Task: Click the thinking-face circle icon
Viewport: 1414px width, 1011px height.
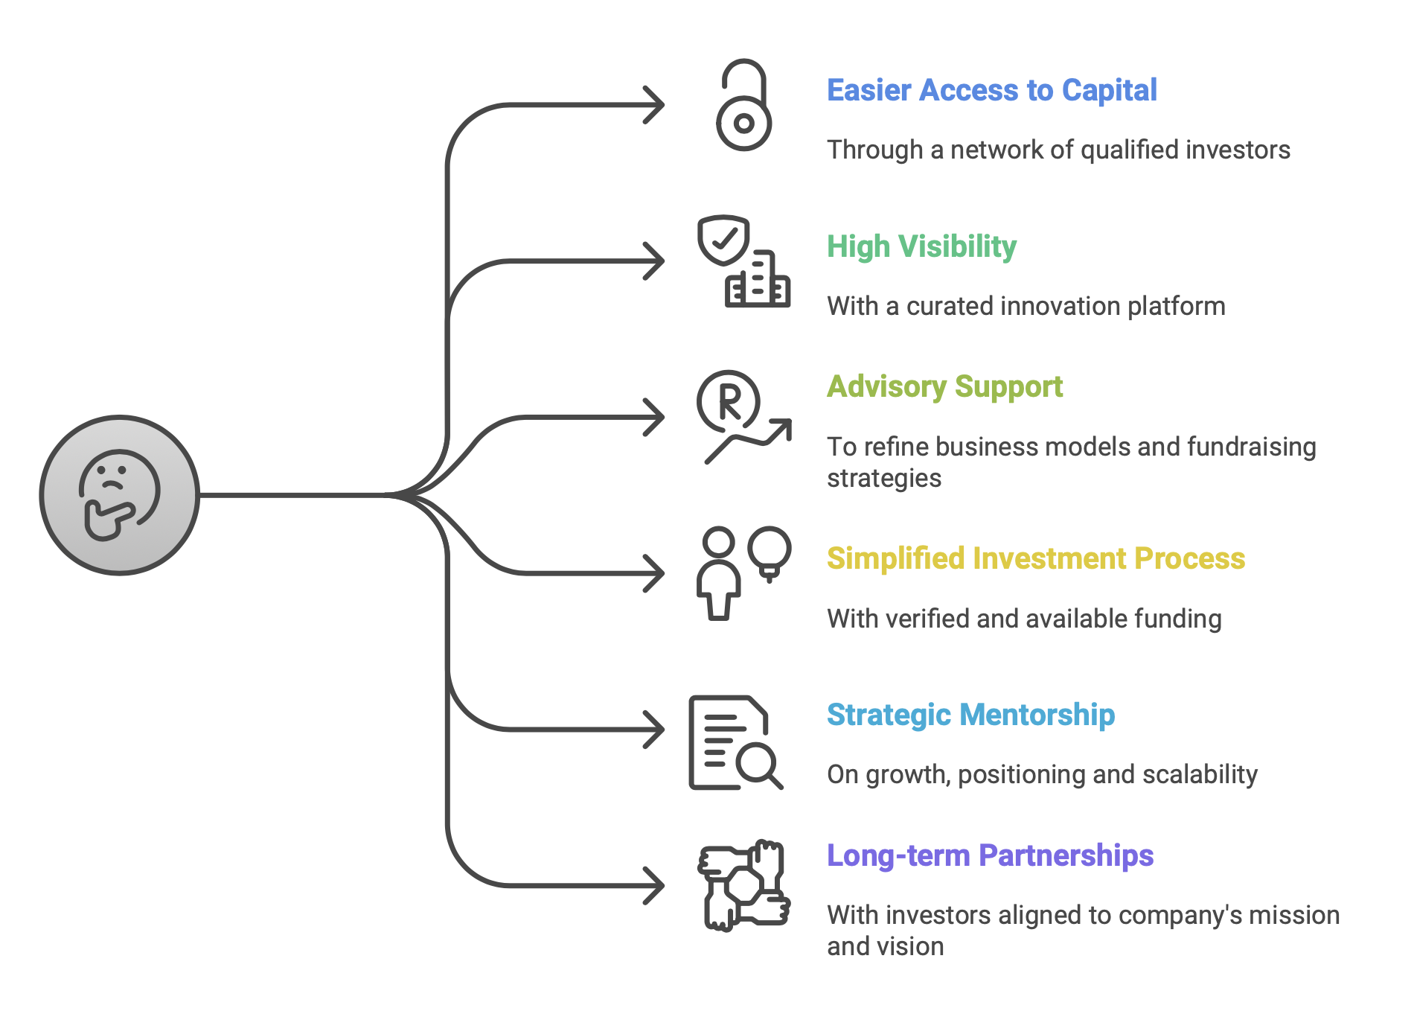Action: point(119,495)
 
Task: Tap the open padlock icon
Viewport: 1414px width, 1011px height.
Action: point(743,106)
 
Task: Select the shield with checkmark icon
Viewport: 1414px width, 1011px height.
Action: point(723,240)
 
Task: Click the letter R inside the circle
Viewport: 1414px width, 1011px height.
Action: point(729,401)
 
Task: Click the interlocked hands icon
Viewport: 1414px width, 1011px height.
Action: point(743,886)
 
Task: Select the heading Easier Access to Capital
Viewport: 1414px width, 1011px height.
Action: point(991,90)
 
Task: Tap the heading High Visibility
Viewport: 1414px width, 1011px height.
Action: point(921,246)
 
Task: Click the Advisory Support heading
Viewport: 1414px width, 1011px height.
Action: point(944,387)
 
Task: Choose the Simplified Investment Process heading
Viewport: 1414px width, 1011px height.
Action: point(1035,558)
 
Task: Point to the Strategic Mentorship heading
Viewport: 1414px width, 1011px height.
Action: point(970,715)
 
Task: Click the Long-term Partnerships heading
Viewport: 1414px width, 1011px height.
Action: point(990,855)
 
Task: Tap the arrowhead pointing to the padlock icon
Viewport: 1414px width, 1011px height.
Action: point(655,105)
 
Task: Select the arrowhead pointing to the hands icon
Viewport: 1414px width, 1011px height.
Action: point(655,886)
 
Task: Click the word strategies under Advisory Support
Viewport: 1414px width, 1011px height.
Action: point(884,479)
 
